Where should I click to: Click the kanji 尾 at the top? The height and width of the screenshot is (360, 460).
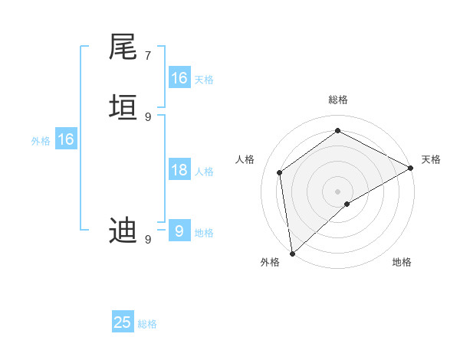tap(123, 47)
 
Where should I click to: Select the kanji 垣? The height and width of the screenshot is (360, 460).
tap(123, 106)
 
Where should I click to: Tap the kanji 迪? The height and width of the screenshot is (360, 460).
tap(123, 230)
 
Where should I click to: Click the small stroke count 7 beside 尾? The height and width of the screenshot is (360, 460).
tap(148, 56)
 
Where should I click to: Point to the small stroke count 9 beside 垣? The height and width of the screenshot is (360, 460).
tap(148, 116)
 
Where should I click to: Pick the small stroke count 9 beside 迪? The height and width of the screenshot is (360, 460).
tap(148, 240)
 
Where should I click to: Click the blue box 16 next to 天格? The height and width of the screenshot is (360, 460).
tap(179, 78)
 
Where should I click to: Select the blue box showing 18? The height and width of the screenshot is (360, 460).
tap(179, 170)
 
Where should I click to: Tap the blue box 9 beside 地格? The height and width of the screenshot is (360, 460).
tap(179, 231)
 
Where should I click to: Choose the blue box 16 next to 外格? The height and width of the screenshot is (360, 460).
tap(65, 139)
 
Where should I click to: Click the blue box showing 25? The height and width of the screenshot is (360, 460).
tap(123, 322)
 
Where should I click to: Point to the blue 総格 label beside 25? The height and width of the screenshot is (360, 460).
tap(147, 324)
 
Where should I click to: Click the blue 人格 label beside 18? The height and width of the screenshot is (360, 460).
tap(204, 172)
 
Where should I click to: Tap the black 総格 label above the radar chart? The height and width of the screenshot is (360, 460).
tap(338, 100)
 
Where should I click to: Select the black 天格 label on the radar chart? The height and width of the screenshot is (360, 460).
tap(431, 159)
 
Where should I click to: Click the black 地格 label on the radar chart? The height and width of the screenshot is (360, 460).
tap(402, 262)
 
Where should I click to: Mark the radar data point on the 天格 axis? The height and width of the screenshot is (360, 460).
tap(411, 168)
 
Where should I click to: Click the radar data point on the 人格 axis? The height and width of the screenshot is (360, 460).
tap(280, 172)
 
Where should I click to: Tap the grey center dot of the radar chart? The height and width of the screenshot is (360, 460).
tap(338, 191)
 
